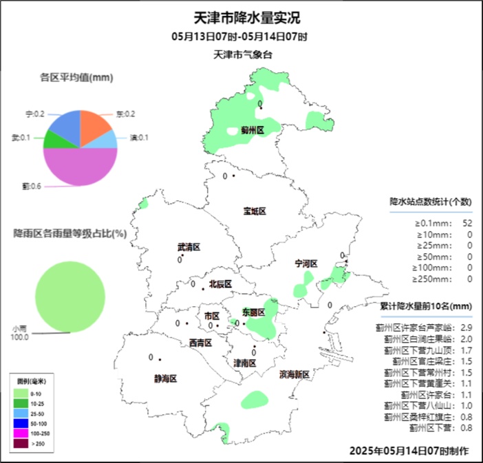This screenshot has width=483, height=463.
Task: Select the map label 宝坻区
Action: (x=254, y=211)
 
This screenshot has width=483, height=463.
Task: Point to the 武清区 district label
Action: (x=188, y=247)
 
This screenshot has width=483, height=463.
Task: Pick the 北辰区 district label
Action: (x=220, y=283)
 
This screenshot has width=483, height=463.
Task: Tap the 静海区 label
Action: (x=166, y=378)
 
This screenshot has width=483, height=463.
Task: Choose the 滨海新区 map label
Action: (x=294, y=375)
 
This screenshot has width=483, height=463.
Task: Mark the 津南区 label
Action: (x=245, y=363)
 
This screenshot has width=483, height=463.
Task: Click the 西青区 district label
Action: (x=200, y=343)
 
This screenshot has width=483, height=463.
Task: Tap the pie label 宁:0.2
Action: (x=35, y=114)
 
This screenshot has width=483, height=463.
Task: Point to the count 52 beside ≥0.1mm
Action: (x=467, y=223)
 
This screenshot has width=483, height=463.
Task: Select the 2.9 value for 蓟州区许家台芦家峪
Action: (x=466, y=327)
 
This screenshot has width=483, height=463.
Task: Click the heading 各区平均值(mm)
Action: (x=76, y=78)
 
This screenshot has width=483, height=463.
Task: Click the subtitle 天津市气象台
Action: (x=239, y=54)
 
